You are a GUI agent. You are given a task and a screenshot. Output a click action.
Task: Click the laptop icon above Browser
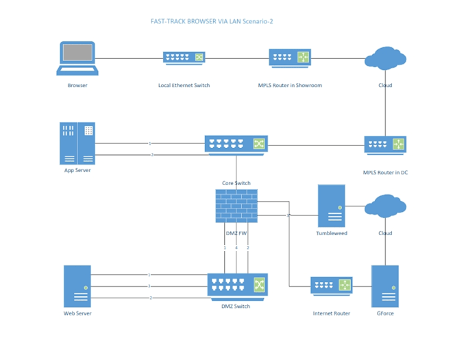(x=77, y=58)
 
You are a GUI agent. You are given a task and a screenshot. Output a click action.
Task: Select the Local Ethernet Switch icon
(x=184, y=58)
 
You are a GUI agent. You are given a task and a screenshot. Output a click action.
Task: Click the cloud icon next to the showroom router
(x=385, y=58)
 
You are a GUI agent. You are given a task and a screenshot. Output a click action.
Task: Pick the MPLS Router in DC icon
(x=385, y=145)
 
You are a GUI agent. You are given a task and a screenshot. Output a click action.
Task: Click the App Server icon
(x=77, y=143)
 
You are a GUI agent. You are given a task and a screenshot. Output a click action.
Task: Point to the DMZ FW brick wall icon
(x=236, y=206)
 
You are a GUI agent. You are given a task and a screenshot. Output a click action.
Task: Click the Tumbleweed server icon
(x=332, y=206)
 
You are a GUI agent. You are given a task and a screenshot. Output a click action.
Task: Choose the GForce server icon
(x=385, y=286)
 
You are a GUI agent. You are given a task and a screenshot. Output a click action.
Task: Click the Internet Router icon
(x=332, y=285)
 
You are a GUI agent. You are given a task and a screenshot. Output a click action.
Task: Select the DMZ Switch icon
(x=237, y=285)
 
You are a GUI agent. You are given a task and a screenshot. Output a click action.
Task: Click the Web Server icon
(x=77, y=286)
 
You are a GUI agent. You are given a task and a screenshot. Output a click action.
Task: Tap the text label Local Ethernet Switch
(x=184, y=86)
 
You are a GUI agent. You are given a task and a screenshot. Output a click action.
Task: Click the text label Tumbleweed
(x=332, y=233)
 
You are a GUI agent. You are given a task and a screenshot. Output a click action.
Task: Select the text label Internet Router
(x=332, y=313)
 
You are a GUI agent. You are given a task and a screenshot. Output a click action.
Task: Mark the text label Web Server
(x=77, y=313)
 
